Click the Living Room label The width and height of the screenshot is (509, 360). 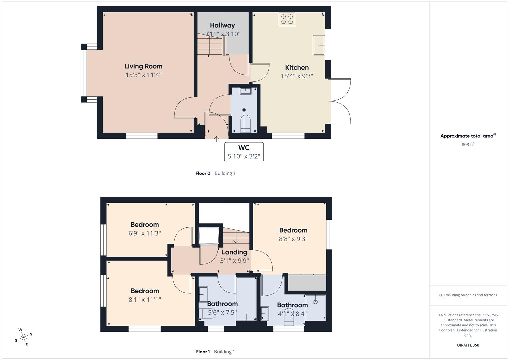click(x=143, y=66)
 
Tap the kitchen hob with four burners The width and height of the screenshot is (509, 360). click(x=287, y=19)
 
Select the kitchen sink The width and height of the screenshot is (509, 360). click(x=319, y=45)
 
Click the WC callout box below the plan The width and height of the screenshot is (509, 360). click(x=244, y=152)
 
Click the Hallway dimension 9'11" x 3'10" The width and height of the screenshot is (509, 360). click(x=222, y=34)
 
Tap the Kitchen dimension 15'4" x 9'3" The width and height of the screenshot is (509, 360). click(x=297, y=76)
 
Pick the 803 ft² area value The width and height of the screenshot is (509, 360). click(x=468, y=144)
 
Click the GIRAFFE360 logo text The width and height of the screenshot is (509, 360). click(x=468, y=345)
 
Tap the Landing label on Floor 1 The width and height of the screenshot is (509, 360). click(x=234, y=252)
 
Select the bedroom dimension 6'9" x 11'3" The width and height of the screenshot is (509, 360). click(x=145, y=233)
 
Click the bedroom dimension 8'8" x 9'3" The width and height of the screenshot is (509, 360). click(x=293, y=239)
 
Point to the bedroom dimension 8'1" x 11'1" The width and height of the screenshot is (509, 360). click(x=145, y=299)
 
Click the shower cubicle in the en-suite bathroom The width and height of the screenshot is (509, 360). click(x=315, y=307)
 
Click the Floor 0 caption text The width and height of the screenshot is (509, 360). click(x=203, y=173)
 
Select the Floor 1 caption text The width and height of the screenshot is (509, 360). click(x=203, y=352)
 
